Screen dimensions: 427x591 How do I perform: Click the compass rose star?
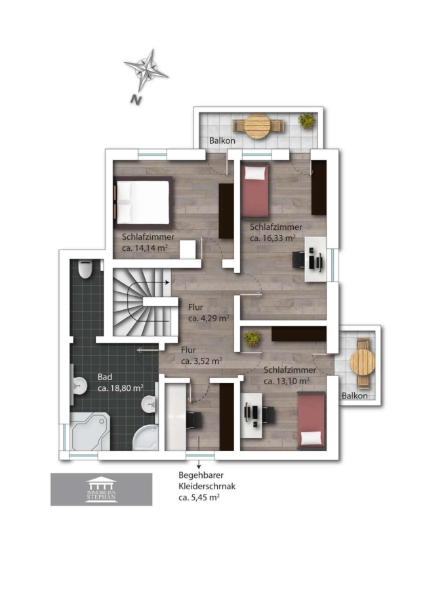pos(146,70)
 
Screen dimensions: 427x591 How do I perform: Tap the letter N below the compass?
pos(136,100)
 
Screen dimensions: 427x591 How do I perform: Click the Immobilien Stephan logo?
pos(101,489)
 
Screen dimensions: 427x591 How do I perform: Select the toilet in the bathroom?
pos(85,269)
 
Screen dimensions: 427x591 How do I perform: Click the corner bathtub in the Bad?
pos(90,431)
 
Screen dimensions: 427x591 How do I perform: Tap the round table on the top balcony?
pos(258,126)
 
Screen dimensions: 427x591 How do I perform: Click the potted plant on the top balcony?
pos(307,120)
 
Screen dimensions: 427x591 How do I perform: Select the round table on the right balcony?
pos(363,362)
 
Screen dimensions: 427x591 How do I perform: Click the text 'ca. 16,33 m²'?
pos(273,238)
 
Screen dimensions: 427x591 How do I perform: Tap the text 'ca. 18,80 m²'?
pos(121,388)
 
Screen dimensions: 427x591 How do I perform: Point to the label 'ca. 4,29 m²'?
pos(209,318)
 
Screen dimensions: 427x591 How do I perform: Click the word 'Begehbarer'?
pos(201,475)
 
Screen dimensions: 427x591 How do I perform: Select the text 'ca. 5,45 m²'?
pos(199,498)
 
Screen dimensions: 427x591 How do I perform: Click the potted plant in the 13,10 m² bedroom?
pos(252,338)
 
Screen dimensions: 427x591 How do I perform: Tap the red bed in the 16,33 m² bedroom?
pos(255,190)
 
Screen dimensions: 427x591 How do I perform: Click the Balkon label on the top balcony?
pos(222,141)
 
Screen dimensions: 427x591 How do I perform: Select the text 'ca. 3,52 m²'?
pos(201,361)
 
